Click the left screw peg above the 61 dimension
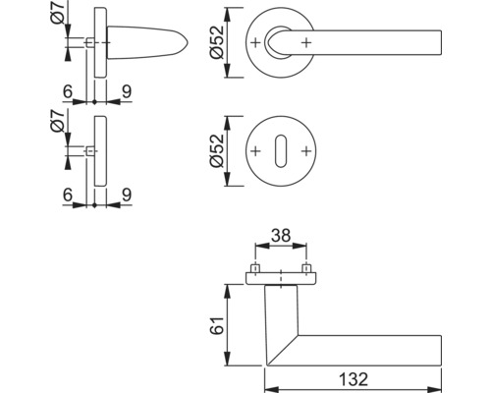(x=255, y=268)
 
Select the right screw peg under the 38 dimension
(x=307, y=268)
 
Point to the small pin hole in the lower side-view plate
(x=91, y=151)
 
